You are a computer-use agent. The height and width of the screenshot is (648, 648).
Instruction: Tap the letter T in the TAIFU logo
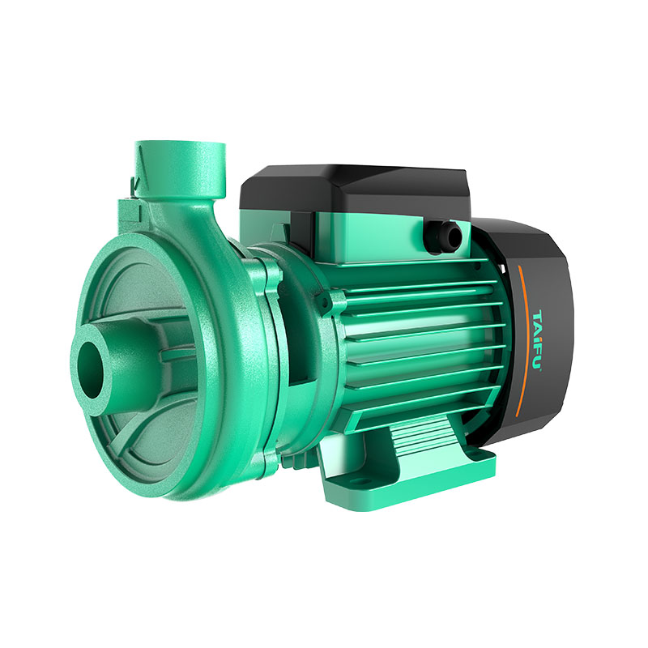pos(536,315)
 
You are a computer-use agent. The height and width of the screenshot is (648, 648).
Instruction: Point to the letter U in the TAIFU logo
pos(538,364)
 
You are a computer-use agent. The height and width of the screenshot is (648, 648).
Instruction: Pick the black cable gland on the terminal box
pos(444,237)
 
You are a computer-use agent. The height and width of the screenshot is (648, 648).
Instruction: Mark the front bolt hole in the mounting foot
pos(356,482)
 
